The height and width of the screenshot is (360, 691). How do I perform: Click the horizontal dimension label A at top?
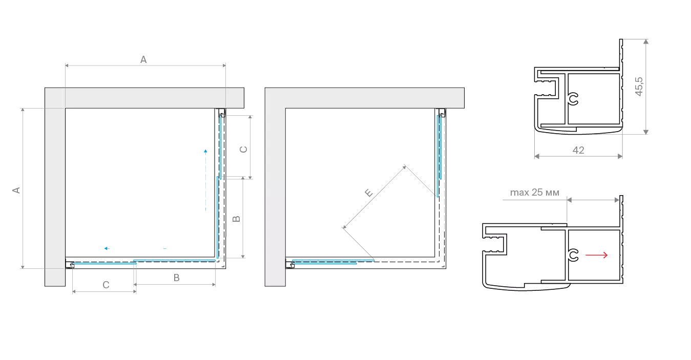point(143,59)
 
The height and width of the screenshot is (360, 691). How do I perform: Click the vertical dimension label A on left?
point(16,190)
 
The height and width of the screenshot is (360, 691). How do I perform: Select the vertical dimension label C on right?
point(243,150)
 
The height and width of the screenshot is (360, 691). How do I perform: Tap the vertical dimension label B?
point(236,219)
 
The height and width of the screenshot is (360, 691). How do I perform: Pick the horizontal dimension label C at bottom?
point(106,285)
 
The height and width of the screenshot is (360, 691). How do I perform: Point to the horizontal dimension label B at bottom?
point(176,278)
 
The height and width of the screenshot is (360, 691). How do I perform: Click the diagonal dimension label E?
point(369,193)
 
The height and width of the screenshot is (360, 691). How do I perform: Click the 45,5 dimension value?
point(639,87)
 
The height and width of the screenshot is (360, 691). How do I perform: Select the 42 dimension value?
point(578,150)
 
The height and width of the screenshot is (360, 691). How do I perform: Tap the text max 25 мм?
point(535,193)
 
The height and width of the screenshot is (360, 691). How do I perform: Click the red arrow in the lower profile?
point(597,255)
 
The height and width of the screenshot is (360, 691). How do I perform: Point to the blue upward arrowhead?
point(205,151)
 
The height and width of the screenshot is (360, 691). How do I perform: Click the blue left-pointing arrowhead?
point(107,248)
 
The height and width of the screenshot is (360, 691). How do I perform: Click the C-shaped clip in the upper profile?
point(573,99)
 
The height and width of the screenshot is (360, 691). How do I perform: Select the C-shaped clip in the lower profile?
point(573,255)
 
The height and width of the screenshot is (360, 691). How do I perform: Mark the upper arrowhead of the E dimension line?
point(404,167)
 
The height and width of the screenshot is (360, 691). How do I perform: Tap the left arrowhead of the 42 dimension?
point(537,156)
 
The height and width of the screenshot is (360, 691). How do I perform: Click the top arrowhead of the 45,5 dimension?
point(645,41)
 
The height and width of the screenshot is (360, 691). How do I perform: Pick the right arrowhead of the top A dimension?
point(224,66)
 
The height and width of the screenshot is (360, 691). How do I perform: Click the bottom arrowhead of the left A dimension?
point(23,266)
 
